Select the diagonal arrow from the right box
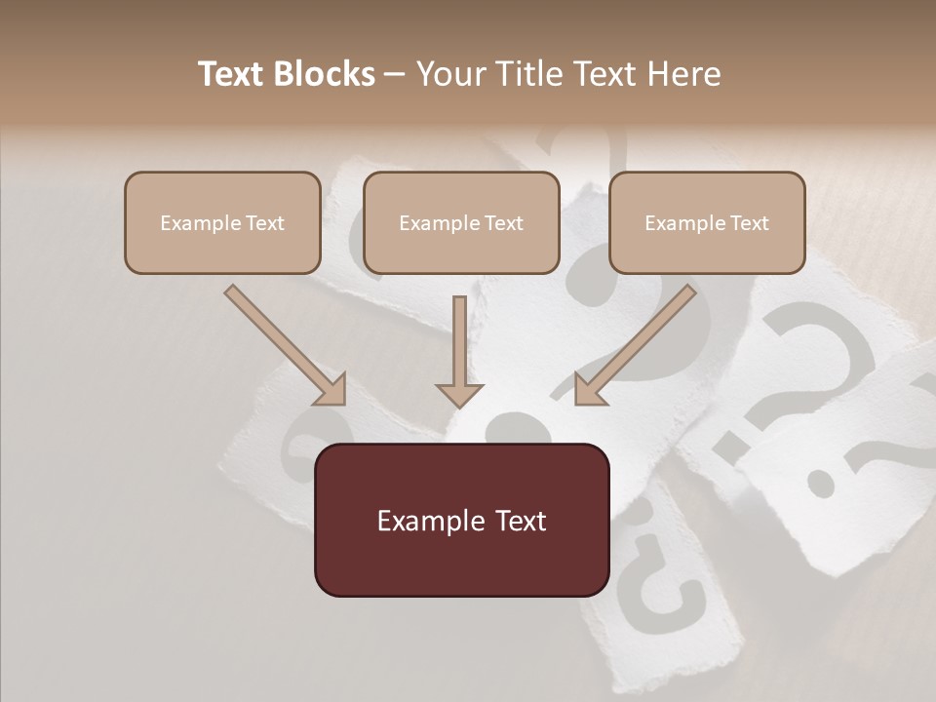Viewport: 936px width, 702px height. [639, 341]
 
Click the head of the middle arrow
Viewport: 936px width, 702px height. [459, 394]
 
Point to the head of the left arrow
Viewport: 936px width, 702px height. [331, 390]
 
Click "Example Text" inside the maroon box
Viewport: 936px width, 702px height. [461, 521]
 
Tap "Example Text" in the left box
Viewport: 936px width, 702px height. [222, 223]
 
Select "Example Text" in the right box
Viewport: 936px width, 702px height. [707, 223]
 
